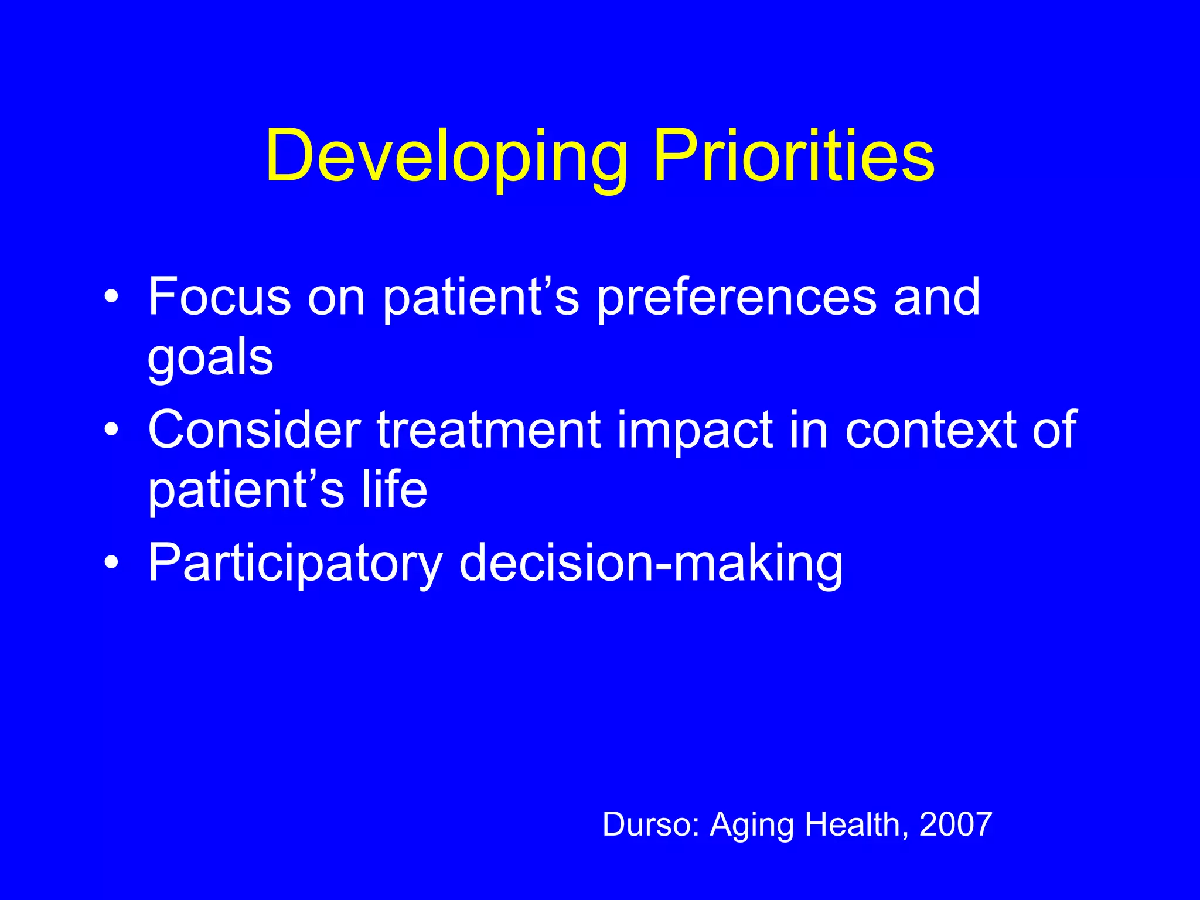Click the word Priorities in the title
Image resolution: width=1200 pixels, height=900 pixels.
point(794,157)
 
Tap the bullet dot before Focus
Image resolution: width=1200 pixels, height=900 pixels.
point(111,297)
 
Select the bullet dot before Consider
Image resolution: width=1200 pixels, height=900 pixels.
point(111,430)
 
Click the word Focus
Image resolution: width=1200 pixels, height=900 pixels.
point(219,297)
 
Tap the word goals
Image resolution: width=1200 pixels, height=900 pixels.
point(210,359)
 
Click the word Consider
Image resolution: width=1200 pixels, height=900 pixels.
point(254,430)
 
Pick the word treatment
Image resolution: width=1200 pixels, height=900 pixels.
point(489,430)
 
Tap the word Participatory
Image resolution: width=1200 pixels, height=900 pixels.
point(295,564)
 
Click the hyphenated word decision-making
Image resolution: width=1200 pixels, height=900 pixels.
point(650,564)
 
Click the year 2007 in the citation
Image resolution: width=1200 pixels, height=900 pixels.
point(956,824)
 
